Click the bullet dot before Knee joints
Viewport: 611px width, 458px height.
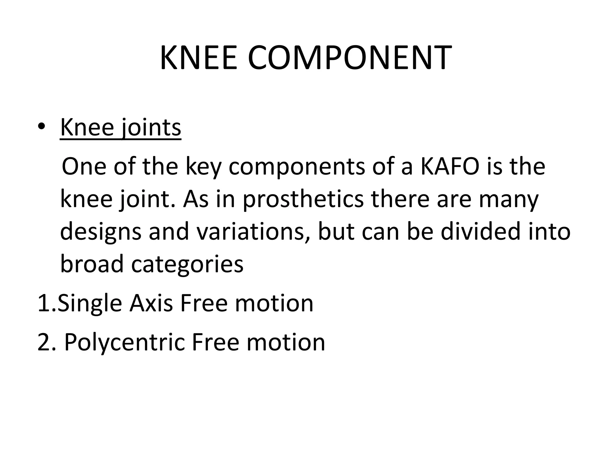tap(42, 127)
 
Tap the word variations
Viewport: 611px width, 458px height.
tap(253, 232)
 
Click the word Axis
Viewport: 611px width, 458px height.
tap(151, 303)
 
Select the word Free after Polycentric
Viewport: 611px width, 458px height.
tap(215, 342)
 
